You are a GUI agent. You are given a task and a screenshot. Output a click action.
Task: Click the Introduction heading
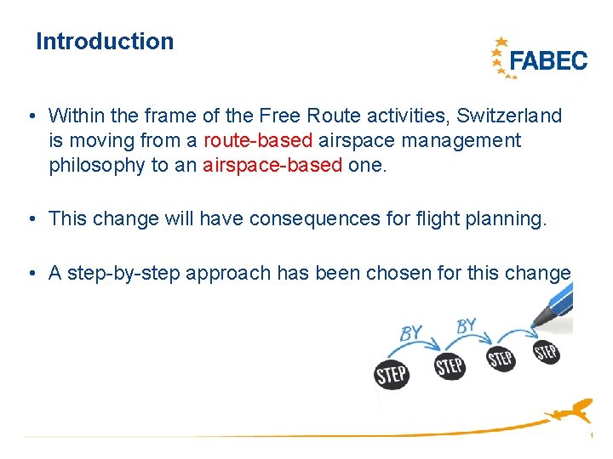(x=105, y=42)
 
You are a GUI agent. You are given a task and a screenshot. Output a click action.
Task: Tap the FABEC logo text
(x=547, y=60)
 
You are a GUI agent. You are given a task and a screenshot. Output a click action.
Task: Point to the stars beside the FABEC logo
(x=501, y=58)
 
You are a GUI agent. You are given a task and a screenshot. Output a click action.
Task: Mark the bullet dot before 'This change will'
(x=31, y=218)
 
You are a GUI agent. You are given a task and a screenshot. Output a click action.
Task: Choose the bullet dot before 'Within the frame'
(x=31, y=115)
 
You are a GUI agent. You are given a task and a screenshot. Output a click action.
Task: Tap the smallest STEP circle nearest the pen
(x=546, y=351)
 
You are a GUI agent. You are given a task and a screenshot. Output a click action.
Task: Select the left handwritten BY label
(x=412, y=332)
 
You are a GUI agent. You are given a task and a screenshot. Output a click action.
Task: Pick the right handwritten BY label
(x=467, y=326)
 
